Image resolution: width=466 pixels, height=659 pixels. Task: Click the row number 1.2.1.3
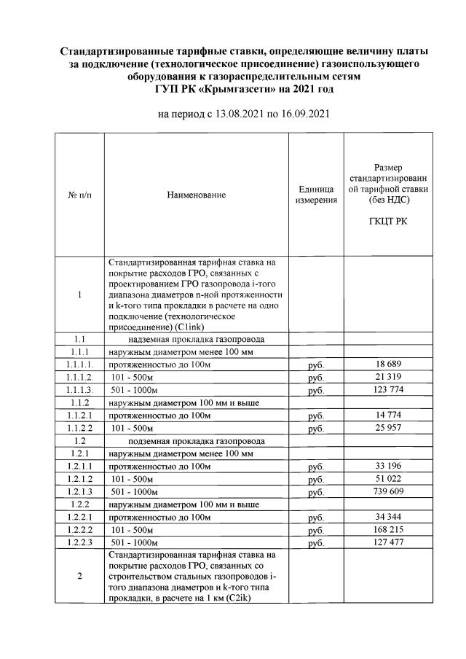79,492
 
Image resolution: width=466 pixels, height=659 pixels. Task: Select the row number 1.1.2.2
79,428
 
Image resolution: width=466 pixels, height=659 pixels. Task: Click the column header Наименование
197,195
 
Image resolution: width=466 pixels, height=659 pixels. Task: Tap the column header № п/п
79,195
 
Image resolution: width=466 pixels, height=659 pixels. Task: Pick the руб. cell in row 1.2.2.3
316,543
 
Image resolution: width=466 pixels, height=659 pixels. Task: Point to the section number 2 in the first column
79,576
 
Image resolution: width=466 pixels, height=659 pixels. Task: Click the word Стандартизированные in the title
121,52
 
